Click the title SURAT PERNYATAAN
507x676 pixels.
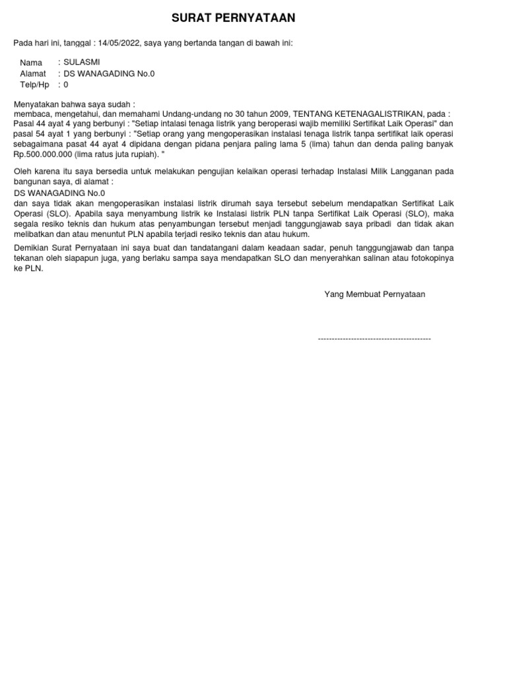(234, 18)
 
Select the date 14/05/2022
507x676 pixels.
(119, 43)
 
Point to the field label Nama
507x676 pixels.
(31, 62)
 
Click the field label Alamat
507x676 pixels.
(33, 74)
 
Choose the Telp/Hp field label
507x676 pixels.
(34, 85)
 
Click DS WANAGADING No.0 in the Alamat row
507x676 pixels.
(109, 74)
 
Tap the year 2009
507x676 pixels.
(279, 114)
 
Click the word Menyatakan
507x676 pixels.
(36, 104)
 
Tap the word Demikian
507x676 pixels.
(32, 248)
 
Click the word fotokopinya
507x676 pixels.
(430, 258)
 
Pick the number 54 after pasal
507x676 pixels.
(42, 133)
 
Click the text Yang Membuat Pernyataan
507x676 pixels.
(374, 294)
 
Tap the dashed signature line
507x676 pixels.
(374, 339)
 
